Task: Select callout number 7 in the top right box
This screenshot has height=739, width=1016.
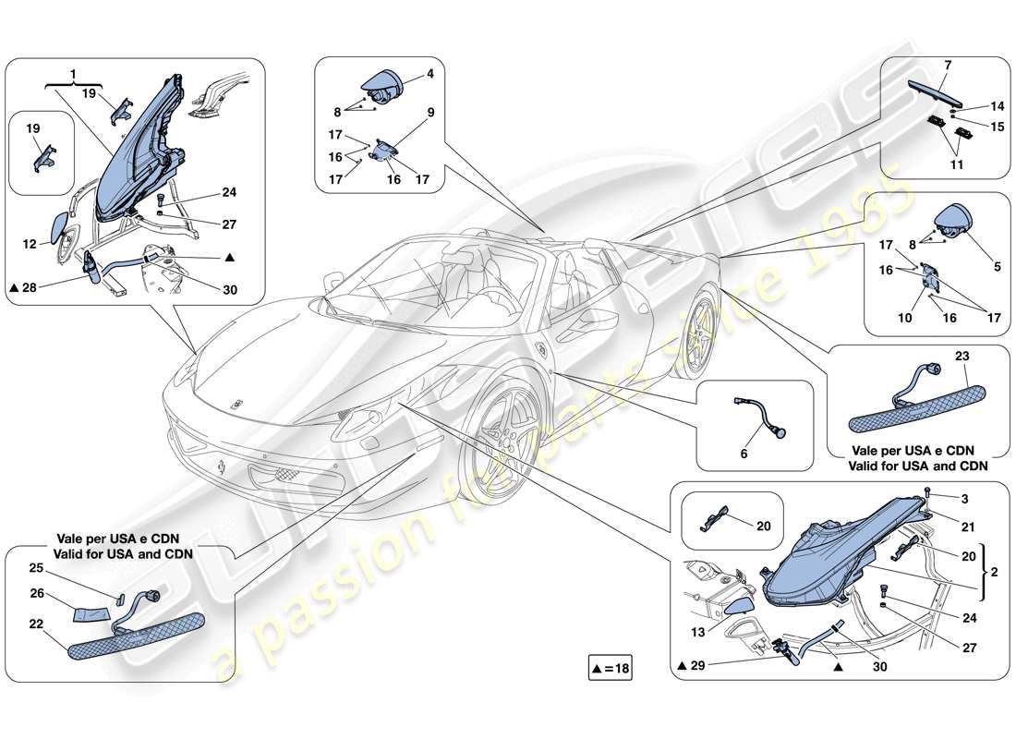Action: [x=947, y=66]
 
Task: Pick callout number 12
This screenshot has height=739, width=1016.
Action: [x=30, y=245]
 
